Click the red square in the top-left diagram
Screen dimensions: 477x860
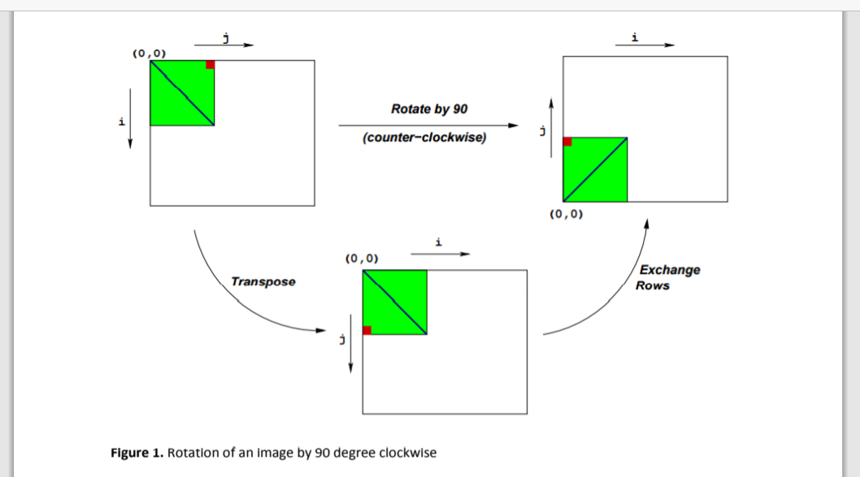[210, 65]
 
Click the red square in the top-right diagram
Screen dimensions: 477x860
[567, 141]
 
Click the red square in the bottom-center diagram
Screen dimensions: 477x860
[367, 330]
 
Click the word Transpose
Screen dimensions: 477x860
[263, 281]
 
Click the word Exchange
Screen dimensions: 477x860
[669, 270]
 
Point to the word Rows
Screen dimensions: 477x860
[653, 286]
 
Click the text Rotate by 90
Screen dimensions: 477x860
[429, 109]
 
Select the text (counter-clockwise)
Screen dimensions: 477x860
[424, 137]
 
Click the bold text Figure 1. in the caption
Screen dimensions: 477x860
[137, 453]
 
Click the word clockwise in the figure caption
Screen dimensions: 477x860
[409, 453]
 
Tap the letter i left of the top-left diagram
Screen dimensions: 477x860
[121, 122]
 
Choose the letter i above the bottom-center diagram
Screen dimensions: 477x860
[439, 242]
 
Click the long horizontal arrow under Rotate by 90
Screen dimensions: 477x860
[428, 125]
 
